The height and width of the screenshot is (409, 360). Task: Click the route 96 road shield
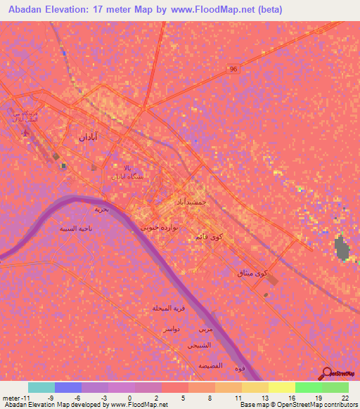point(233,69)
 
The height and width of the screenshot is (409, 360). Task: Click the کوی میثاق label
point(254,273)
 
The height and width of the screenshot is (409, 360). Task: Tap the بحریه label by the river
point(103,209)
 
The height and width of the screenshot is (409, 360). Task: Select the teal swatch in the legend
point(41,387)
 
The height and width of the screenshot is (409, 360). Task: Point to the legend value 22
point(345,398)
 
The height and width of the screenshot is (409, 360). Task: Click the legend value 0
point(129,398)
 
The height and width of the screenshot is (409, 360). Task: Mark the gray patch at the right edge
point(342,248)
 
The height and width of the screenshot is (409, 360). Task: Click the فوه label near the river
point(240,369)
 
